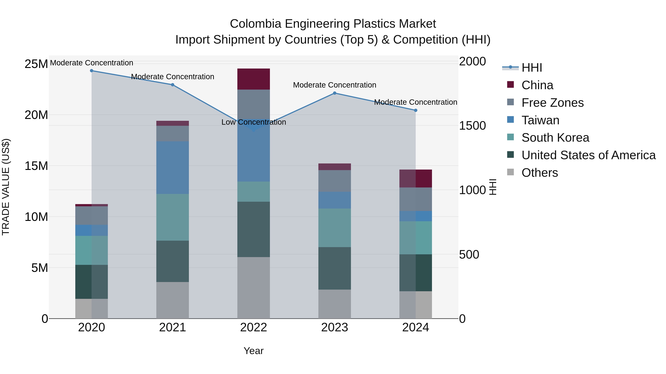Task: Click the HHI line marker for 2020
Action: pyautogui.click(x=92, y=71)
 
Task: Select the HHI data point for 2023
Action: pyautogui.click(x=334, y=93)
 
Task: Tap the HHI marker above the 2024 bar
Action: pyautogui.click(x=416, y=110)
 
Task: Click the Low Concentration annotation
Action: pyautogui.click(x=254, y=122)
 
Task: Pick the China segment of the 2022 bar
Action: pyautogui.click(x=254, y=79)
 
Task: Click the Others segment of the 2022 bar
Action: pyautogui.click(x=254, y=288)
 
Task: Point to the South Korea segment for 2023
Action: pyautogui.click(x=334, y=228)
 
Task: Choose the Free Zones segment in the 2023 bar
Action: pyautogui.click(x=334, y=181)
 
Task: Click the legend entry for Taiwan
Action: pyautogui.click(x=540, y=120)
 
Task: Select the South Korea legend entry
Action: pyautogui.click(x=555, y=138)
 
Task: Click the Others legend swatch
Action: pyautogui.click(x=511, y=172)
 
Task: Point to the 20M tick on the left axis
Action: pyautogui.click(x=36, y=115)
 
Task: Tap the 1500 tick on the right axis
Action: pyautogui.click(x=472, y=126)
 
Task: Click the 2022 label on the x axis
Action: pyautogui.click(x=253, y=327)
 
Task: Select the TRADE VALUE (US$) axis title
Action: pyautogui.click(x=6, y=187)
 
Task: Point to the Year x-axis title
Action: pyautogui.click(x=253, y=351)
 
